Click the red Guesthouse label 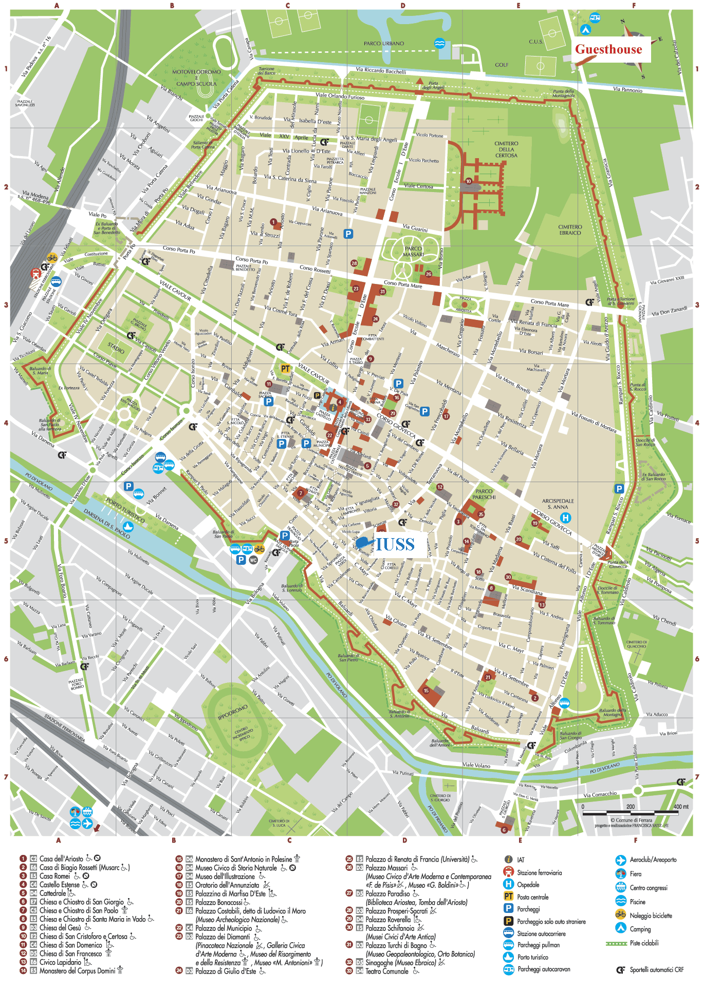[x=608, y=49]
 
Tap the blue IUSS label [x=395, y=544]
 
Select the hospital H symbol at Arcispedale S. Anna [x=565, y=518]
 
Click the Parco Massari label [x=414, y=251]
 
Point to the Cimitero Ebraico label [x=570, y=230]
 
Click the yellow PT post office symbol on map [x=286, y=369]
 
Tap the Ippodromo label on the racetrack [x=233, y=712]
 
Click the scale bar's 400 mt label [x=681, y=807]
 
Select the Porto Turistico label [x=125, y=508]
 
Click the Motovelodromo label [x=196, y=72]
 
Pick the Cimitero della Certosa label [x=506, y=149]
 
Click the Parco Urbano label [x=384, y=44]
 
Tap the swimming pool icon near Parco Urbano [x=439, y=43]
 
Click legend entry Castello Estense [x=60, y=885]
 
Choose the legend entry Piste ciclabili [x=644, y=943]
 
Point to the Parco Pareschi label [x=484, y=494]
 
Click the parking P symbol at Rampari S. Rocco [x=619, y=489]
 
